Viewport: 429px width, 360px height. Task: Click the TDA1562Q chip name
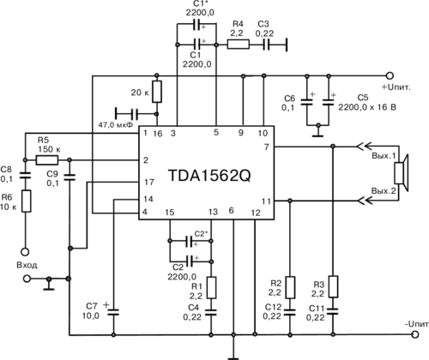(x=209, y=176)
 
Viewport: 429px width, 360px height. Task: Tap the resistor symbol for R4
(x=239, y=45)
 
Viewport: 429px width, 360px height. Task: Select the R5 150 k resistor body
(x=47, y=160)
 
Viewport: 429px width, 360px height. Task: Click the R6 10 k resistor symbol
(x=27, y=201)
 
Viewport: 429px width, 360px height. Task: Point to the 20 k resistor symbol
(x=157, y=92)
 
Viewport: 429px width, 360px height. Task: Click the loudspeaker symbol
(x=402, y=173)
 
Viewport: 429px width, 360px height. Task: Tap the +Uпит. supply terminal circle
(x=390, y=75)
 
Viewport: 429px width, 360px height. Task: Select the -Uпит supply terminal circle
(x=415, y=334)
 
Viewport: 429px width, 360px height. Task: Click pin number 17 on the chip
(x=149, y=182)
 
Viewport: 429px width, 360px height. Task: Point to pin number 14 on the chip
(x=148, y=199)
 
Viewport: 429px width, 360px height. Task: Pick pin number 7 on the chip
(x=267, y=147)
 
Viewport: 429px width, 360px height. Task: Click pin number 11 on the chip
(x=266, y=201)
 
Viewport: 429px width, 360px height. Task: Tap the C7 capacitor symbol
(x=113, y=312)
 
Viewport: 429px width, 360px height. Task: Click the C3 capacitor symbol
(x=266, y=45)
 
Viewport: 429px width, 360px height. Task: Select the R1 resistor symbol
(x=211, y=288)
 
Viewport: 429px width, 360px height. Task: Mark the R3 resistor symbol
(x=333, y=286)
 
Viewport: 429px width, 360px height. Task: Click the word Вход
(x=27, y=265)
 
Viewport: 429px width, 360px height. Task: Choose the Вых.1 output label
(x=384, y=156)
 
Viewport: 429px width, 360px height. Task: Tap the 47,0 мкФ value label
(x=116, y=125)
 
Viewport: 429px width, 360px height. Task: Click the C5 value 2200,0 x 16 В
(x=367, y=107)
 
